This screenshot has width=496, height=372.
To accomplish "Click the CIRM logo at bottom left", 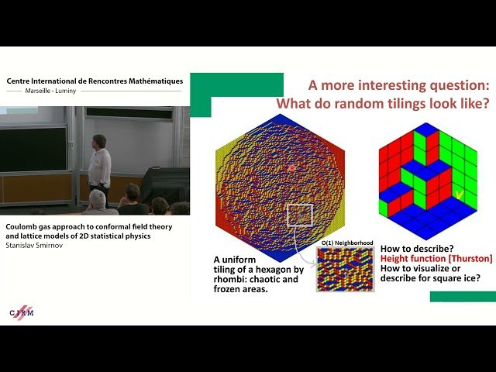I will click(22, 311).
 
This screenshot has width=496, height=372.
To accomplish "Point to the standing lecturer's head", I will click(98, 140).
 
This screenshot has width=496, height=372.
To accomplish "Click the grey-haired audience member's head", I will click(97, 199).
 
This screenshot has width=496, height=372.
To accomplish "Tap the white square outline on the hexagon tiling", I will click(300, 216).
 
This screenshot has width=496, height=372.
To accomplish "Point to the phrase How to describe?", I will click(414, 248).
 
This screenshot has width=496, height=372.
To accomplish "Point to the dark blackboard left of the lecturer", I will click(33, 148).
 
